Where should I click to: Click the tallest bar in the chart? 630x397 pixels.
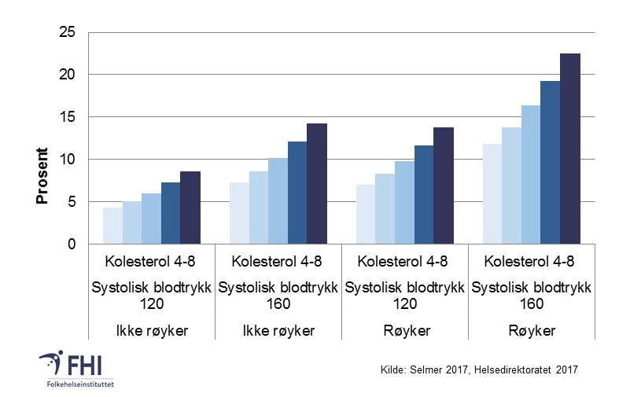pyautogui.click(x=569, y=149)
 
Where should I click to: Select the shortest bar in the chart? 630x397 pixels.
pyautogui.click(x=112, y=226)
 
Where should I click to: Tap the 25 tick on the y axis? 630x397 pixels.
pyautogui.click(x=68, y=32)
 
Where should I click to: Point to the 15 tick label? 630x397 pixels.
pyautogui.click(x=68, y=117)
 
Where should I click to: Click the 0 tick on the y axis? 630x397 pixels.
pyautogui.click(x=72, y=244)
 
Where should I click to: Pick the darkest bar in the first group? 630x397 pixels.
pyautogui.click(x=190, y=208)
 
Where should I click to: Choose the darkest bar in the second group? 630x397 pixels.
pyautogui.click(x=316, y=184)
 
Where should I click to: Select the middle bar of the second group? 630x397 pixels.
pyautogui.click(x=278, y=201)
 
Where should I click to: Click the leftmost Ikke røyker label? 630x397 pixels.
pyautogui.click(x=151, y=331)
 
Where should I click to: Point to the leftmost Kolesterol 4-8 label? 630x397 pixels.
pyautogui.click(x=151, y=261)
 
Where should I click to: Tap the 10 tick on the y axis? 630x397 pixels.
pyautogui.click(x=68, y=160)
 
